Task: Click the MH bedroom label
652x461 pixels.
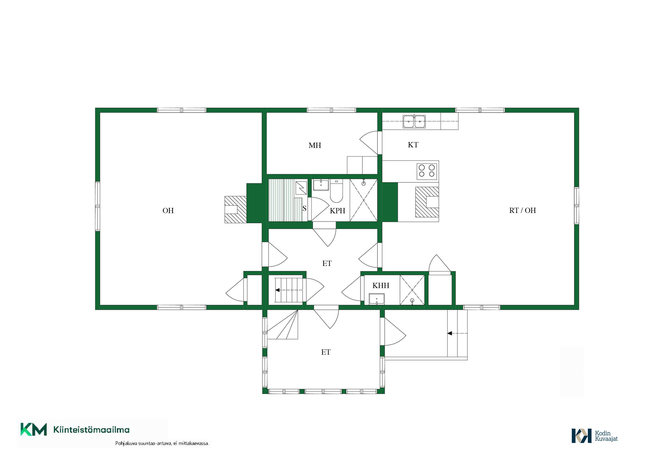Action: tap(315, 145)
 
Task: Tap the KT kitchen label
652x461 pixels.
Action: tap(413, 145)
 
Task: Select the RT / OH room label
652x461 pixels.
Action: tap(523, 210)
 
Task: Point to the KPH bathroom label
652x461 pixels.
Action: tap(338, 211)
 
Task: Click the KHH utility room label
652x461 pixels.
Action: tap(381, 285)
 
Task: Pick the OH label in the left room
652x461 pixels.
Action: tap(168, 211)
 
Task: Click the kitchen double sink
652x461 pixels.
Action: tap(414, 121)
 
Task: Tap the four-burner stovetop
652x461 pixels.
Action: tap(427, 171)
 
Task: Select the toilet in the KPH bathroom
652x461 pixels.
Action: tap(337, 191)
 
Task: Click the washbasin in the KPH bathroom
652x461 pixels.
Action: tap(321, 185)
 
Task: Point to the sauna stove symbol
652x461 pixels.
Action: tap(301, 188)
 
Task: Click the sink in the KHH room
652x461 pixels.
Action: tap(377, 299)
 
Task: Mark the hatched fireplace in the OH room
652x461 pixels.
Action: tap(235, 210)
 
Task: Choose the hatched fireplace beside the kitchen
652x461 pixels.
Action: tap(427, 202)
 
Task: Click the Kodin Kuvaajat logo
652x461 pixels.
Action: tap(595, 436)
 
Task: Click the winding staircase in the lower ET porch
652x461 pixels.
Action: tap(283, 325)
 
